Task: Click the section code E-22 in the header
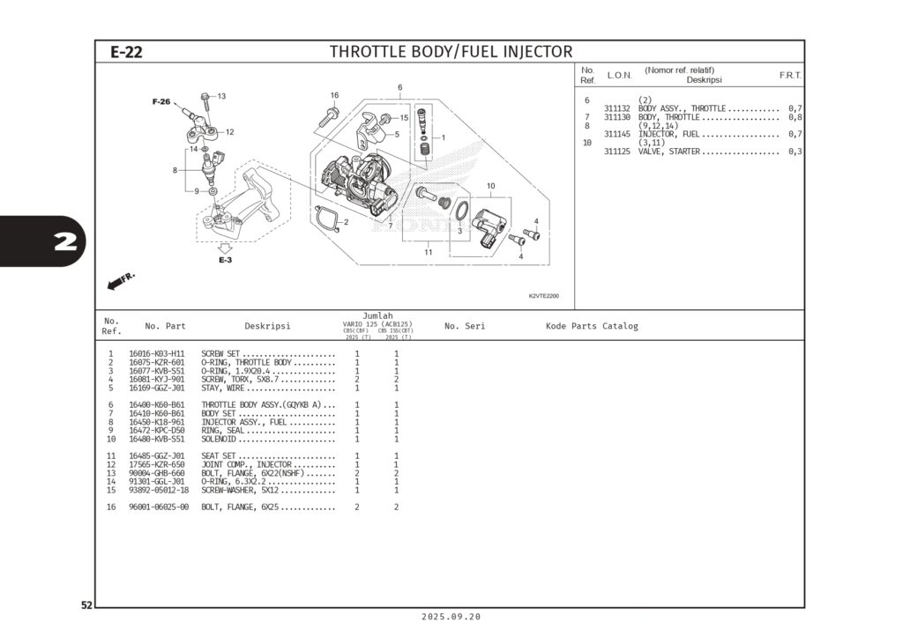pos(126,52)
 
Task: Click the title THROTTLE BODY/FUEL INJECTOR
pos(451,52)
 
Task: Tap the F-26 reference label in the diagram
pos(160,102)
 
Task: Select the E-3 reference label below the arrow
pos(226,260)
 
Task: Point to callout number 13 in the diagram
pos(221,96)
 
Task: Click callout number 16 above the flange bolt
pos(334,95)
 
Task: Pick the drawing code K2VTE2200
pos(543,297)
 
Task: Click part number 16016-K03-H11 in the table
pos(157,354)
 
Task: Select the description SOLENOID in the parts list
pos(220,439)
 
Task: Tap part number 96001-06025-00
pos(159,507)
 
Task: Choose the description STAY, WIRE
pos(224,388)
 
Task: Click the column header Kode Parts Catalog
pos(592,326)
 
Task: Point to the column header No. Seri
pos(465,326)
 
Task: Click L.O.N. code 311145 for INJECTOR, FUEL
pos(616,134)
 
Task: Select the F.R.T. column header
pos(790,76)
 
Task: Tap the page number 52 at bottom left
pos(86,605)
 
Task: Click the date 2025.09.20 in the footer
pos(451,617)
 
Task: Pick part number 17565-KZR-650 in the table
pos(157,464)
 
